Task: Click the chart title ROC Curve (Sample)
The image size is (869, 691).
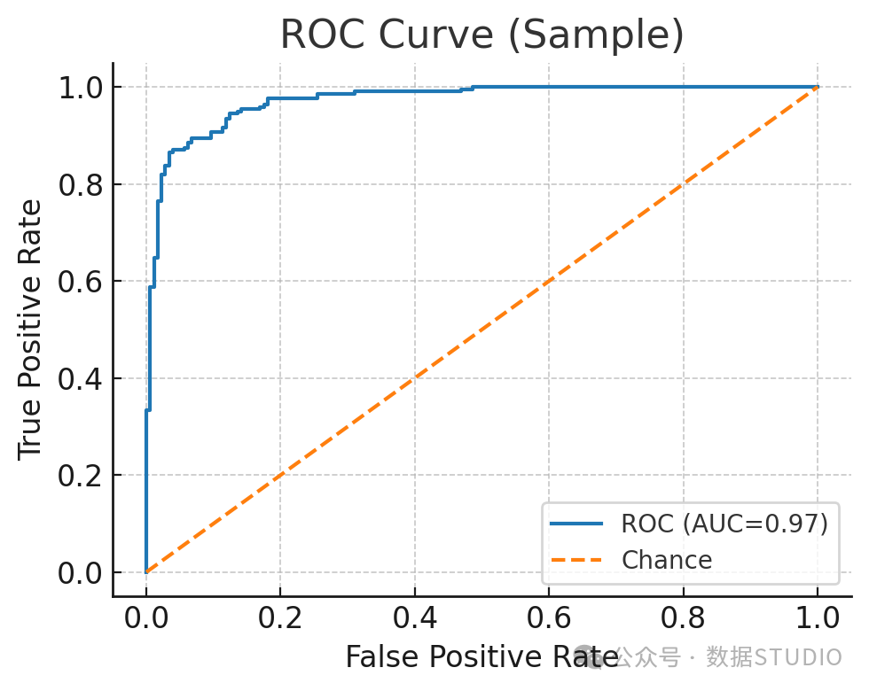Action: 482,35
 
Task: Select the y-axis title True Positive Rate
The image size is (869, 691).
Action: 29,330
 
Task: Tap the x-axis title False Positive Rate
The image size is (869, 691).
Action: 481,657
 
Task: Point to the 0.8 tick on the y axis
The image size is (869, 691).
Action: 81,185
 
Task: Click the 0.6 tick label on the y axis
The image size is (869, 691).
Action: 81,282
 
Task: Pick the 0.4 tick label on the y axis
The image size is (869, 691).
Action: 81,379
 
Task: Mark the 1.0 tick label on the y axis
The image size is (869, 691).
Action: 81,88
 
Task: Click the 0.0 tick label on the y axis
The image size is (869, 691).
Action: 81,573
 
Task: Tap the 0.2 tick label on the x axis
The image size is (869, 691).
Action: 280,617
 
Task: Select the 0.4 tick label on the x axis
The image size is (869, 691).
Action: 415,617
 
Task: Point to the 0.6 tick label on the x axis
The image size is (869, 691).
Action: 549,617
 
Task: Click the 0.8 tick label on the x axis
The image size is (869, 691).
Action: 684,617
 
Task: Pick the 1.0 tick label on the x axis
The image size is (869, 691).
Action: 818,617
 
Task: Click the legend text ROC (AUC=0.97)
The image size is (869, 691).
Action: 725,524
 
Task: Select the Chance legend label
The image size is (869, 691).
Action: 667,560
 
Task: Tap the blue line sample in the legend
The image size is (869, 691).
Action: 576,524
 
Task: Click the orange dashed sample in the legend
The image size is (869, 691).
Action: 576,560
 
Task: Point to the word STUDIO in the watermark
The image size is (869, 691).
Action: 798,657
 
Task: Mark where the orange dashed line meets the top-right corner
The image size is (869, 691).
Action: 818,87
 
